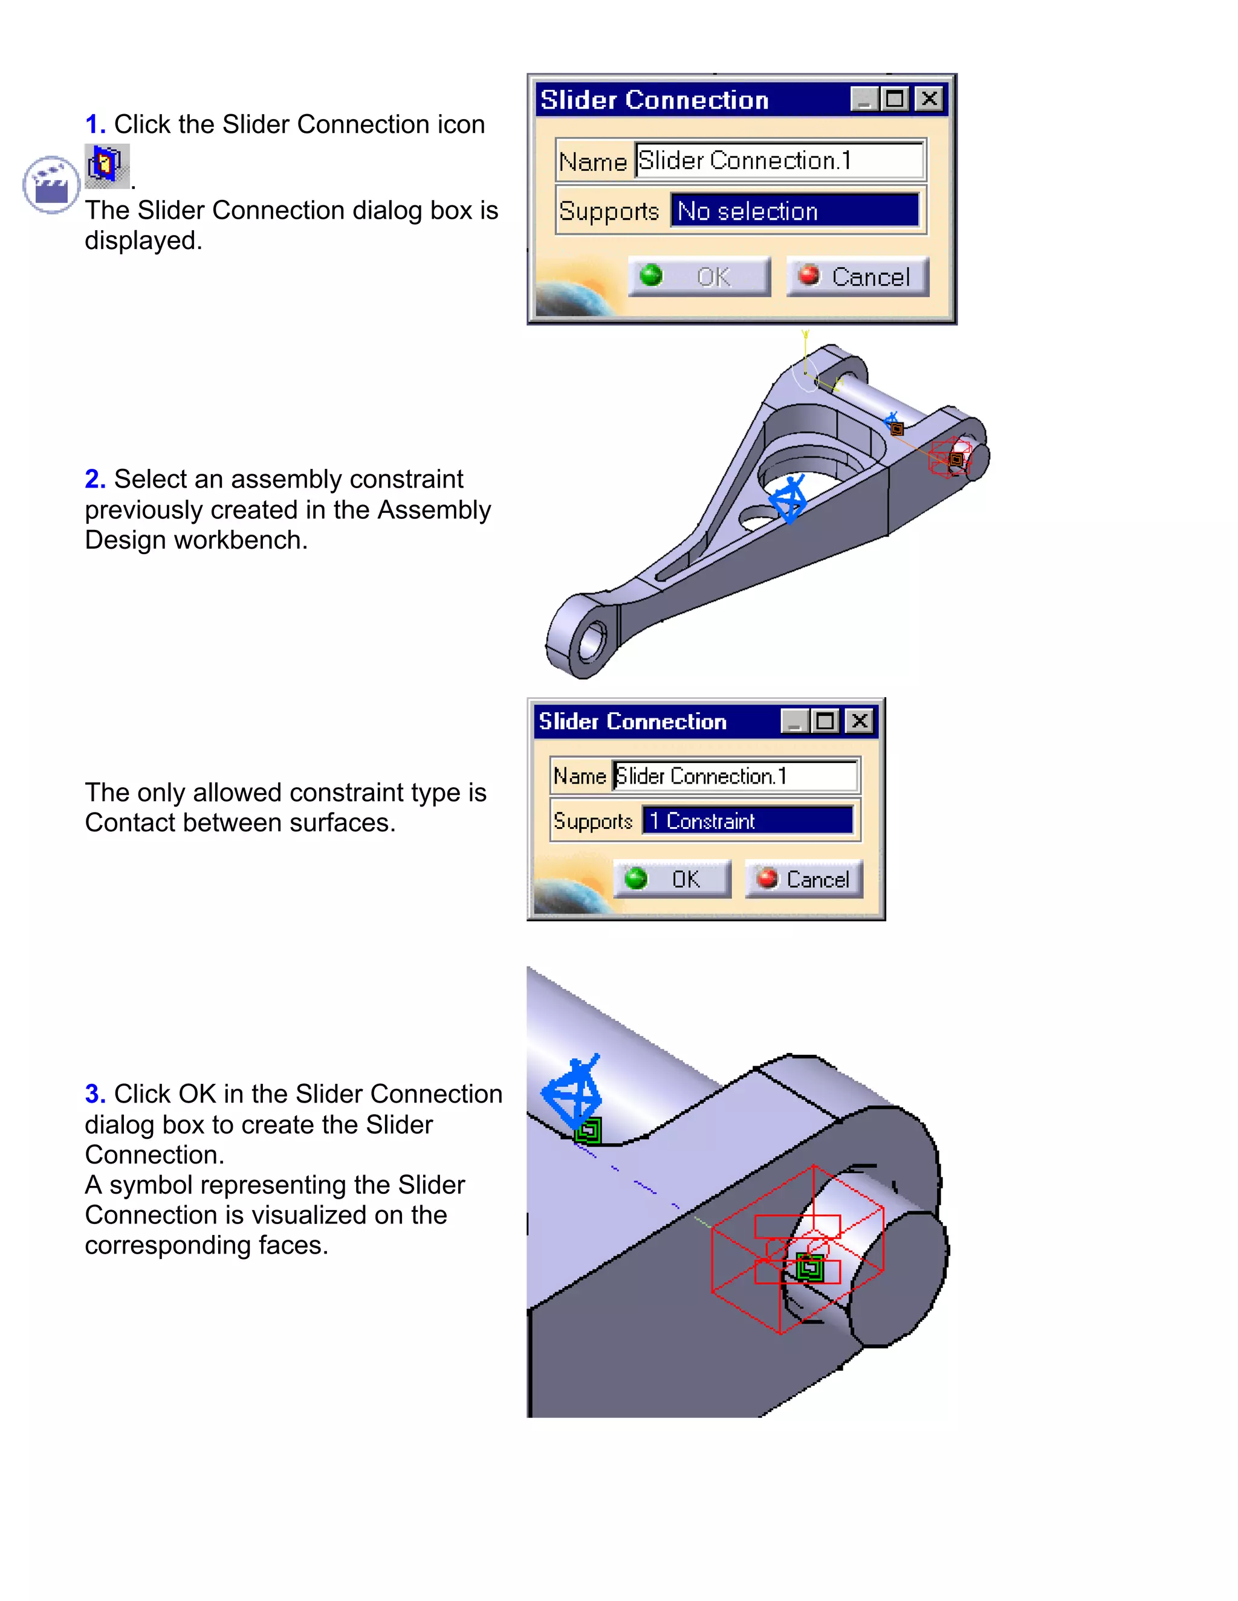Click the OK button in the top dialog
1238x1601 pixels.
coord(699,276)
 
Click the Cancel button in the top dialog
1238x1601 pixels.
coord(857,276)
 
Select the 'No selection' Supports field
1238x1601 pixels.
coord(794,211)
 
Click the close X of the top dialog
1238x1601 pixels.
coord(929,99)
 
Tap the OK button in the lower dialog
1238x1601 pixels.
coord(672,879)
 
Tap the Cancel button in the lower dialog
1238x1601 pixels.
coord(804,879)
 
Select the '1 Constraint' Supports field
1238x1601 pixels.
coord(747,820)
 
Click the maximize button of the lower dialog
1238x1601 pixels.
coord(826,721)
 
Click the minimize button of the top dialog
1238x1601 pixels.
coord(864,99)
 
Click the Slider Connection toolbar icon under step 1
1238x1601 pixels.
coord(106,164)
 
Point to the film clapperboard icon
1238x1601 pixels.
coord(51,185)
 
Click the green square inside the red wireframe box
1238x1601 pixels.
coord(809,1268)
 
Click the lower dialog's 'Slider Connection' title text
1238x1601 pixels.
coord(632,721)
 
